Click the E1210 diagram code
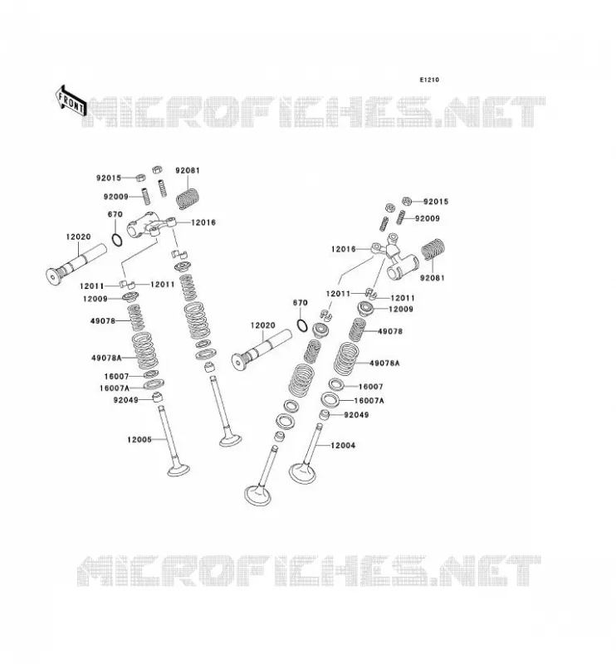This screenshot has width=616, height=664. pos(429,80)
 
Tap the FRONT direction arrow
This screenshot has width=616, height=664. pos(71,101)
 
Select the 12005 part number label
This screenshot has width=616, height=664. pos(139,440)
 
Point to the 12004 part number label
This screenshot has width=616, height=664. pos(343,445)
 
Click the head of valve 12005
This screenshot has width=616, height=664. pos(178,470)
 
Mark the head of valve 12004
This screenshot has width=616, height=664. pos(302,473)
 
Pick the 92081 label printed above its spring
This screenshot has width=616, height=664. pos(188,170)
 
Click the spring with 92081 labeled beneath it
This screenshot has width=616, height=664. pos(433,251)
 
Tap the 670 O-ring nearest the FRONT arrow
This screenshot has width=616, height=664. pos(117,240)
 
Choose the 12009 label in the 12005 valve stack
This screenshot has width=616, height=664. pos(95,299)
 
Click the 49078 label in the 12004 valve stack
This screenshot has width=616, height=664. pos(389,331)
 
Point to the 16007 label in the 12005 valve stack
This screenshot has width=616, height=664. pos(116,376)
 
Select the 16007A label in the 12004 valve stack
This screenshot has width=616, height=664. pos(369,400)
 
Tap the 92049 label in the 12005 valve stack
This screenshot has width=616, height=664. pos(126,399)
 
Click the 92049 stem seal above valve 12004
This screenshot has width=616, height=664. pos(324,415)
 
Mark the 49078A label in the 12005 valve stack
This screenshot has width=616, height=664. pos(106,358)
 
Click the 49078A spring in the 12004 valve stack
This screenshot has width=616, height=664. pos(346,359)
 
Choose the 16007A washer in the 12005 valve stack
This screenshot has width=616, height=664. pos(154,384)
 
